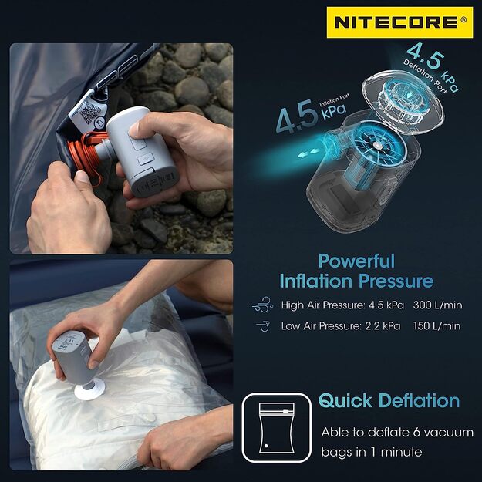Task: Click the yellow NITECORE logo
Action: click(x=399, y=22)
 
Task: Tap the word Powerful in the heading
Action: click(x=356, y=261)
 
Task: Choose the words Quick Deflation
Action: click(x=389, y=401)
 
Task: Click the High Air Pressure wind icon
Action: click(x=261, y=305)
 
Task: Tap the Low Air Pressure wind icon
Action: click(x=261, y=326)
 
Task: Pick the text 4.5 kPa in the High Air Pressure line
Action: click(x=377, y=305)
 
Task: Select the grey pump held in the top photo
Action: click(x=143, y=155)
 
